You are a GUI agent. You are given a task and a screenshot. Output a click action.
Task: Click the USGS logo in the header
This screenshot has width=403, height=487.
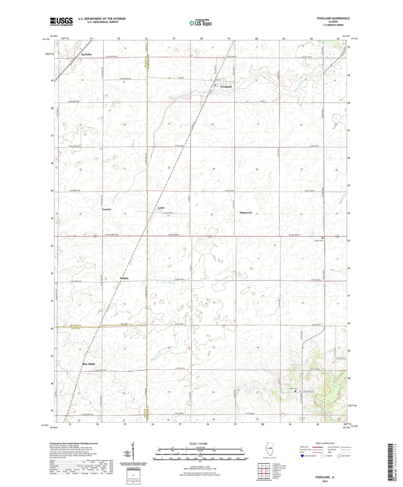pos(61,21)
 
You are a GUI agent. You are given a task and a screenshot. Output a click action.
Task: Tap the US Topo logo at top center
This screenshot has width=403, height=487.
pos(200,23)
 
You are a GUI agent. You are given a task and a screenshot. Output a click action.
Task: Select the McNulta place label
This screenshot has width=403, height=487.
pos(86,55)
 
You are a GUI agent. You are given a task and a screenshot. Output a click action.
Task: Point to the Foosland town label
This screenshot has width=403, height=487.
pos(226,87)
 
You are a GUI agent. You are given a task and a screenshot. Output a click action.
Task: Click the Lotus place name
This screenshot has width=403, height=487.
pos(161,208)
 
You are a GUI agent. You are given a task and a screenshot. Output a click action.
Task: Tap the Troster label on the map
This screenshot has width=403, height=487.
pos(106,209)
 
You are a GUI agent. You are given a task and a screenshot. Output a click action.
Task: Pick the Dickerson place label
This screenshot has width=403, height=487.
pos(246,212)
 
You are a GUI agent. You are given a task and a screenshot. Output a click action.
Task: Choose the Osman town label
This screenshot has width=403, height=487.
pos(124,278)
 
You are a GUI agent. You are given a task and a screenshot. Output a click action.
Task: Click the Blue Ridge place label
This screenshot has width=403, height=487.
pos(89,364)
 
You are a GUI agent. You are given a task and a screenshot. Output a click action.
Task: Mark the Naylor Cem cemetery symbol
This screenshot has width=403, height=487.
pos(322,238)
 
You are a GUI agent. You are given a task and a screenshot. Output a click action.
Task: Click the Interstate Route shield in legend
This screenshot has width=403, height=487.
pos(302,456)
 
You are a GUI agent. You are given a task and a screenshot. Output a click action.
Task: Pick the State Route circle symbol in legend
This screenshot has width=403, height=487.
pos(339,456)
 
